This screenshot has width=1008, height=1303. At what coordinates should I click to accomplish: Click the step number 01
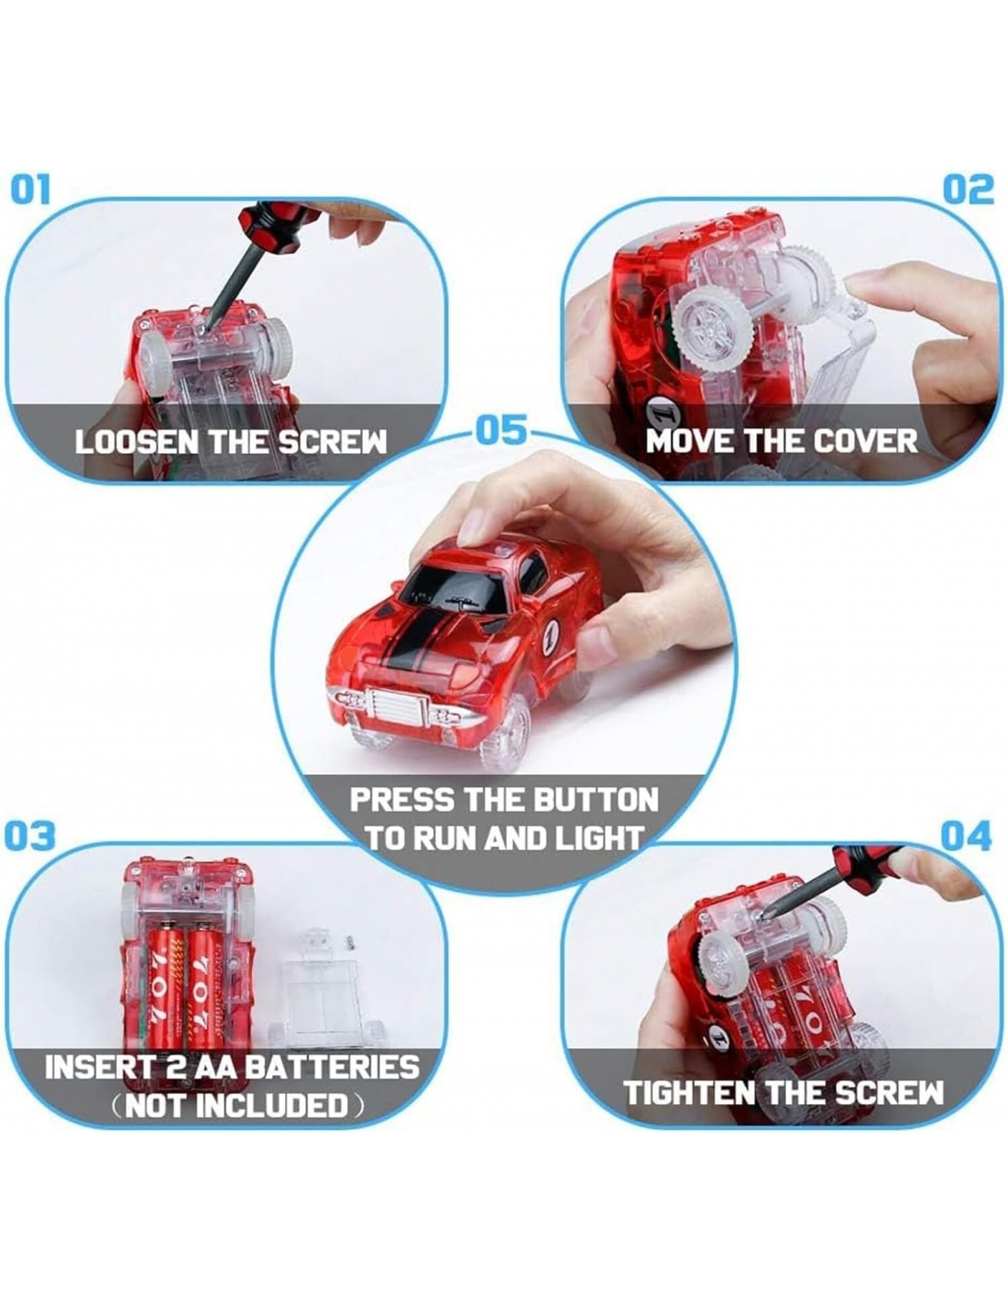click(30, 190)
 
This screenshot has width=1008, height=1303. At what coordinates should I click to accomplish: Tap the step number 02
click(969, 190)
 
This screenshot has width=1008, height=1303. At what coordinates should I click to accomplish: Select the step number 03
click(30, 837)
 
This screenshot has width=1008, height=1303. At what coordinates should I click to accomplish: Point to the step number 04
click(966, 837)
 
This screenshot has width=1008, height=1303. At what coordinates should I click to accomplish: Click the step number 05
click(501, 431)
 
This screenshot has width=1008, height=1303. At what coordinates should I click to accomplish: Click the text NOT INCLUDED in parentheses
click(236, 1106)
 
